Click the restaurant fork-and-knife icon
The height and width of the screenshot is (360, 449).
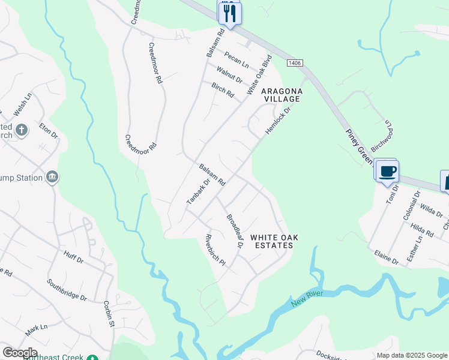(x=229, y=11)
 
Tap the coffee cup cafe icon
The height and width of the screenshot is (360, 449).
(x=387, y=172)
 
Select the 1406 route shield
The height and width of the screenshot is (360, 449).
(x=294, y=62)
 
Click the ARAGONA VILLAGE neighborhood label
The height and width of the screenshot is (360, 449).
(x=281, y=95)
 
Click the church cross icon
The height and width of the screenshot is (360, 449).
(x=21, y=130)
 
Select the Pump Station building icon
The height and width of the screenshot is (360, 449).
(x=52, y=177)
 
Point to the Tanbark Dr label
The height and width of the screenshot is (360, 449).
(x=197, y=191)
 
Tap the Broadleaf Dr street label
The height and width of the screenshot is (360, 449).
(x=234, y=230)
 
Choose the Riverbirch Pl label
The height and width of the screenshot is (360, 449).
(x=215, y=250)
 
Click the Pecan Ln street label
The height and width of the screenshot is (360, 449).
(x=237, y=58)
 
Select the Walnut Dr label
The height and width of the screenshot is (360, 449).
(x=229, y=76)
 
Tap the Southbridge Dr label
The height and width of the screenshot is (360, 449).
(x=67, y=290)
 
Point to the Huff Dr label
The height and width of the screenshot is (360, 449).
(x=73, y=257)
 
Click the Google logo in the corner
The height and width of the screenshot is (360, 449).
(x=19, y=353)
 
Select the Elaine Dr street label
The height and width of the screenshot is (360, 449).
(x=387, y=257)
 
